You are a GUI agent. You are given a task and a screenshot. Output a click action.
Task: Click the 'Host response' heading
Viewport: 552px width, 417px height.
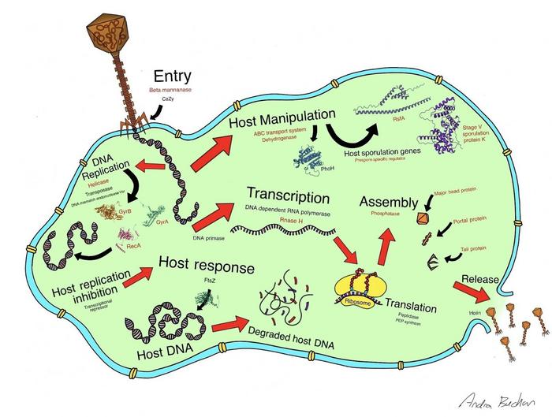[x=207, y=267]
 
